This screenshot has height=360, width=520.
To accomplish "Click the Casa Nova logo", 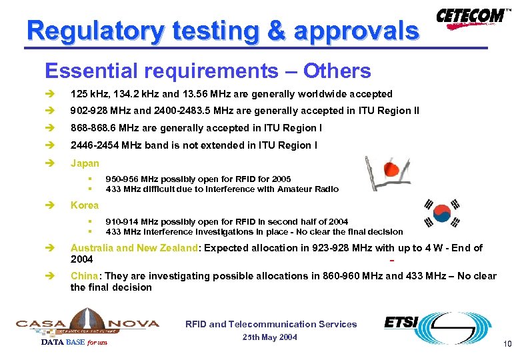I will [87, 323].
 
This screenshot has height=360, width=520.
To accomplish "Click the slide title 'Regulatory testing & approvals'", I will [223, 31].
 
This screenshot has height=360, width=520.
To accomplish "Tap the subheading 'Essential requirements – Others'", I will [207, 71].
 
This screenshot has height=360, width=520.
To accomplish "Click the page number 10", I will [507, 344].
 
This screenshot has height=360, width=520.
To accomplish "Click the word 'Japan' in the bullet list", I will [85, 163].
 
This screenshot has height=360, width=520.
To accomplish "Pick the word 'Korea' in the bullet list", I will [84, 205].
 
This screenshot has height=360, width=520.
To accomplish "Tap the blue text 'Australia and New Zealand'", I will [133, 248].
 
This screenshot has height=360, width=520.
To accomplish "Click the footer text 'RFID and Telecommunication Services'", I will [271, 324].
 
